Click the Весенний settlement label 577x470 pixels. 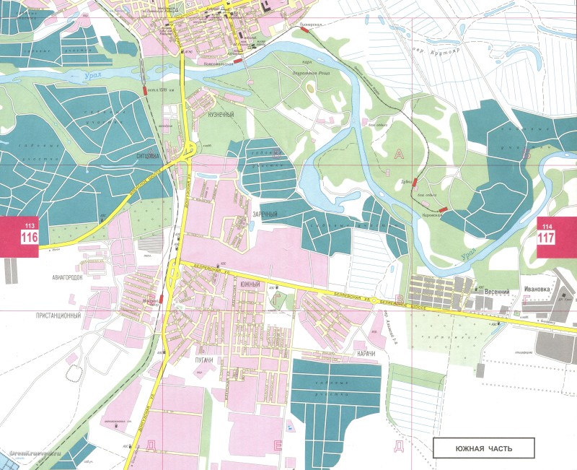pyautogui.click(x=496, y=292)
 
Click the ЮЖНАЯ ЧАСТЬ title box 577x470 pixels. pyautogui.click(x=484, y=448)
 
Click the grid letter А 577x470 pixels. pyautogui.click(x=400, y=153)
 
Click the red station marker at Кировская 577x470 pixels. pyautogui.click(x=442, y=209)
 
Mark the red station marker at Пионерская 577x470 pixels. pyautogui.click(x=320, y=31)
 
